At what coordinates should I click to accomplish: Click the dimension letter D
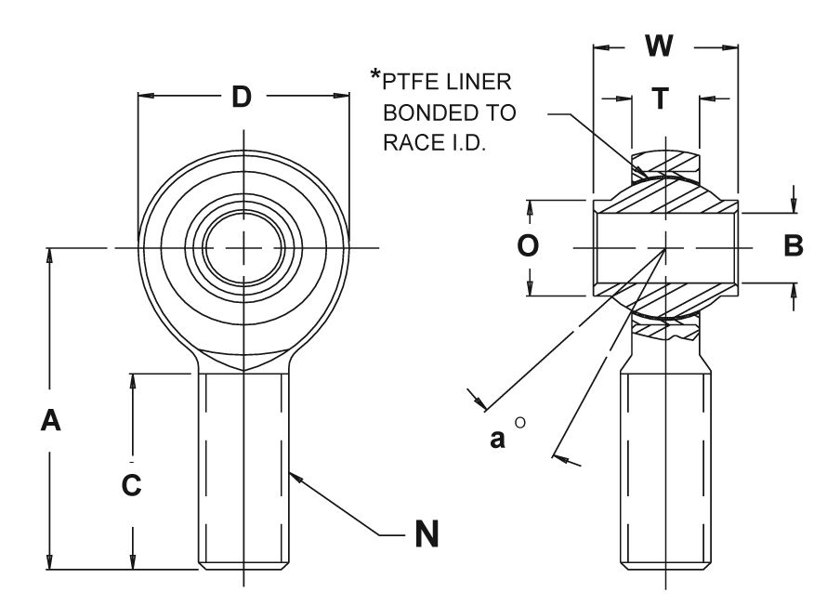(242, 96)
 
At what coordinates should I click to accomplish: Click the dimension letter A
(51, 421)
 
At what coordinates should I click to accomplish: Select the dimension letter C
(133, 484)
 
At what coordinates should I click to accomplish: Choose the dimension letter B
(793, 245)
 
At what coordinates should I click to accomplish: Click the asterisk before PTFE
(376, 76)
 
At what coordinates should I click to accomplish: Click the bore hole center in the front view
(243, 247)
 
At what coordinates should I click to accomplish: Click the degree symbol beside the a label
(520, 423)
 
